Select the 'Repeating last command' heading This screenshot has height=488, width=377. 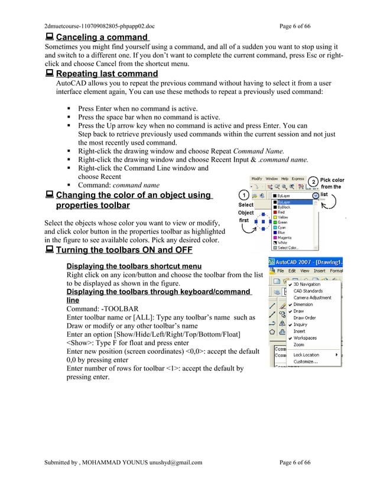click(107, 74)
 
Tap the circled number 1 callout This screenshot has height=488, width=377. click(243, 194)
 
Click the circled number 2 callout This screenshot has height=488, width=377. click(314, 181)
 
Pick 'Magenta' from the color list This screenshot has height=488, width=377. click(284, 238)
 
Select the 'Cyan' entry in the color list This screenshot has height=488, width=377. click(282, 227)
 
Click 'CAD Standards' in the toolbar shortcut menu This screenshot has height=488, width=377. click(308, 291)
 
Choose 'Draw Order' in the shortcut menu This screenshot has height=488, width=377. click(304, 318)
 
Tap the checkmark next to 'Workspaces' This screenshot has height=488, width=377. click(291, 338)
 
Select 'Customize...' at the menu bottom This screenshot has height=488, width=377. click(305, 361)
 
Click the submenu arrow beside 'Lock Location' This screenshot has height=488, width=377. click(337, 354)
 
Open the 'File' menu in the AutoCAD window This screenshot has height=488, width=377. click(281, 271)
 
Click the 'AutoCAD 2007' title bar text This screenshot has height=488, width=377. click(310, 261)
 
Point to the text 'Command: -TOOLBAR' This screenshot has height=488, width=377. click(102, 309)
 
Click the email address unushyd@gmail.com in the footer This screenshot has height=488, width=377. click(176, 463)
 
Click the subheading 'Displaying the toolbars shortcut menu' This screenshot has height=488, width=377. click(134, 266)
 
